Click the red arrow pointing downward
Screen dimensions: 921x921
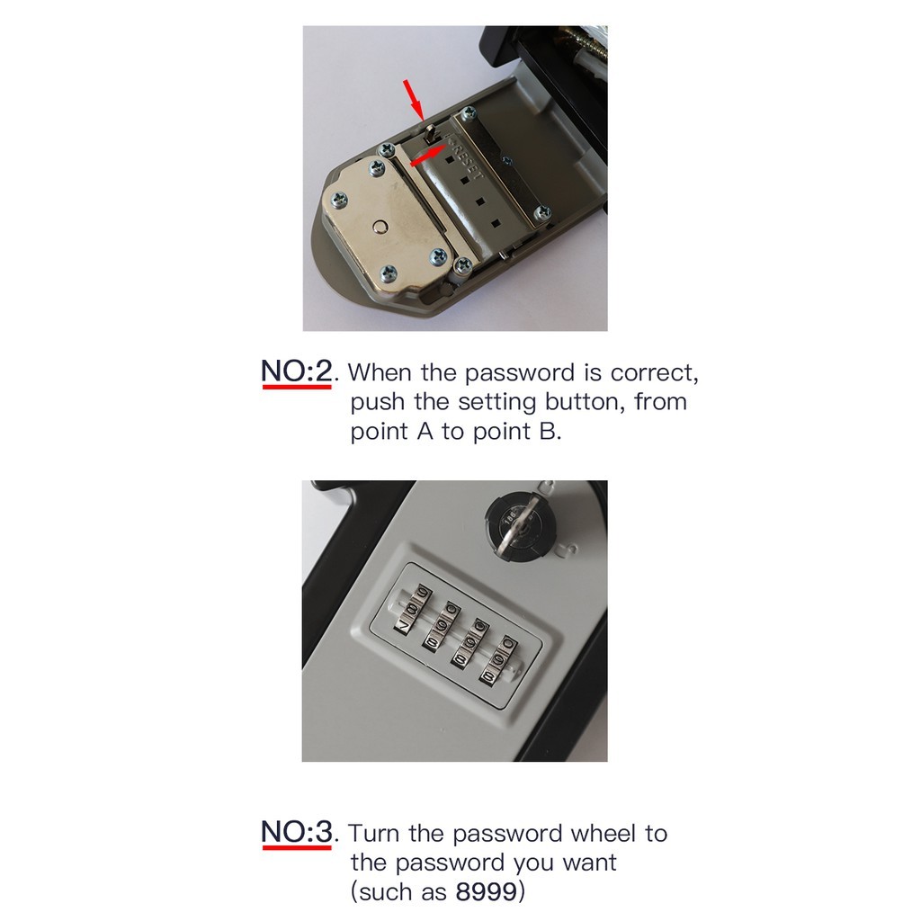(x=413, y=99)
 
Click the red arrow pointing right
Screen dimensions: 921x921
(x=428, y=156)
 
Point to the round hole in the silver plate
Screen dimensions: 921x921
(x=380, y=226)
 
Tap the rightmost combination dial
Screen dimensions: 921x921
(x=501, y=661)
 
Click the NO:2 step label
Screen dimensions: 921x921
(x=297, y=371)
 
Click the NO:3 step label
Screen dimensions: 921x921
(x=297, y=831)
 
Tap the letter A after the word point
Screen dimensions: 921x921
(x=425, y=432)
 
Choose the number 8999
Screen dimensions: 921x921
(x=486, y=892)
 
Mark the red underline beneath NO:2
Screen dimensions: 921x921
(x=297, y=387)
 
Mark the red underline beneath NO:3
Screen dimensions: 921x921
(x=297, y=847)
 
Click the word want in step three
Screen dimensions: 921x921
(x=589, y=863)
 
